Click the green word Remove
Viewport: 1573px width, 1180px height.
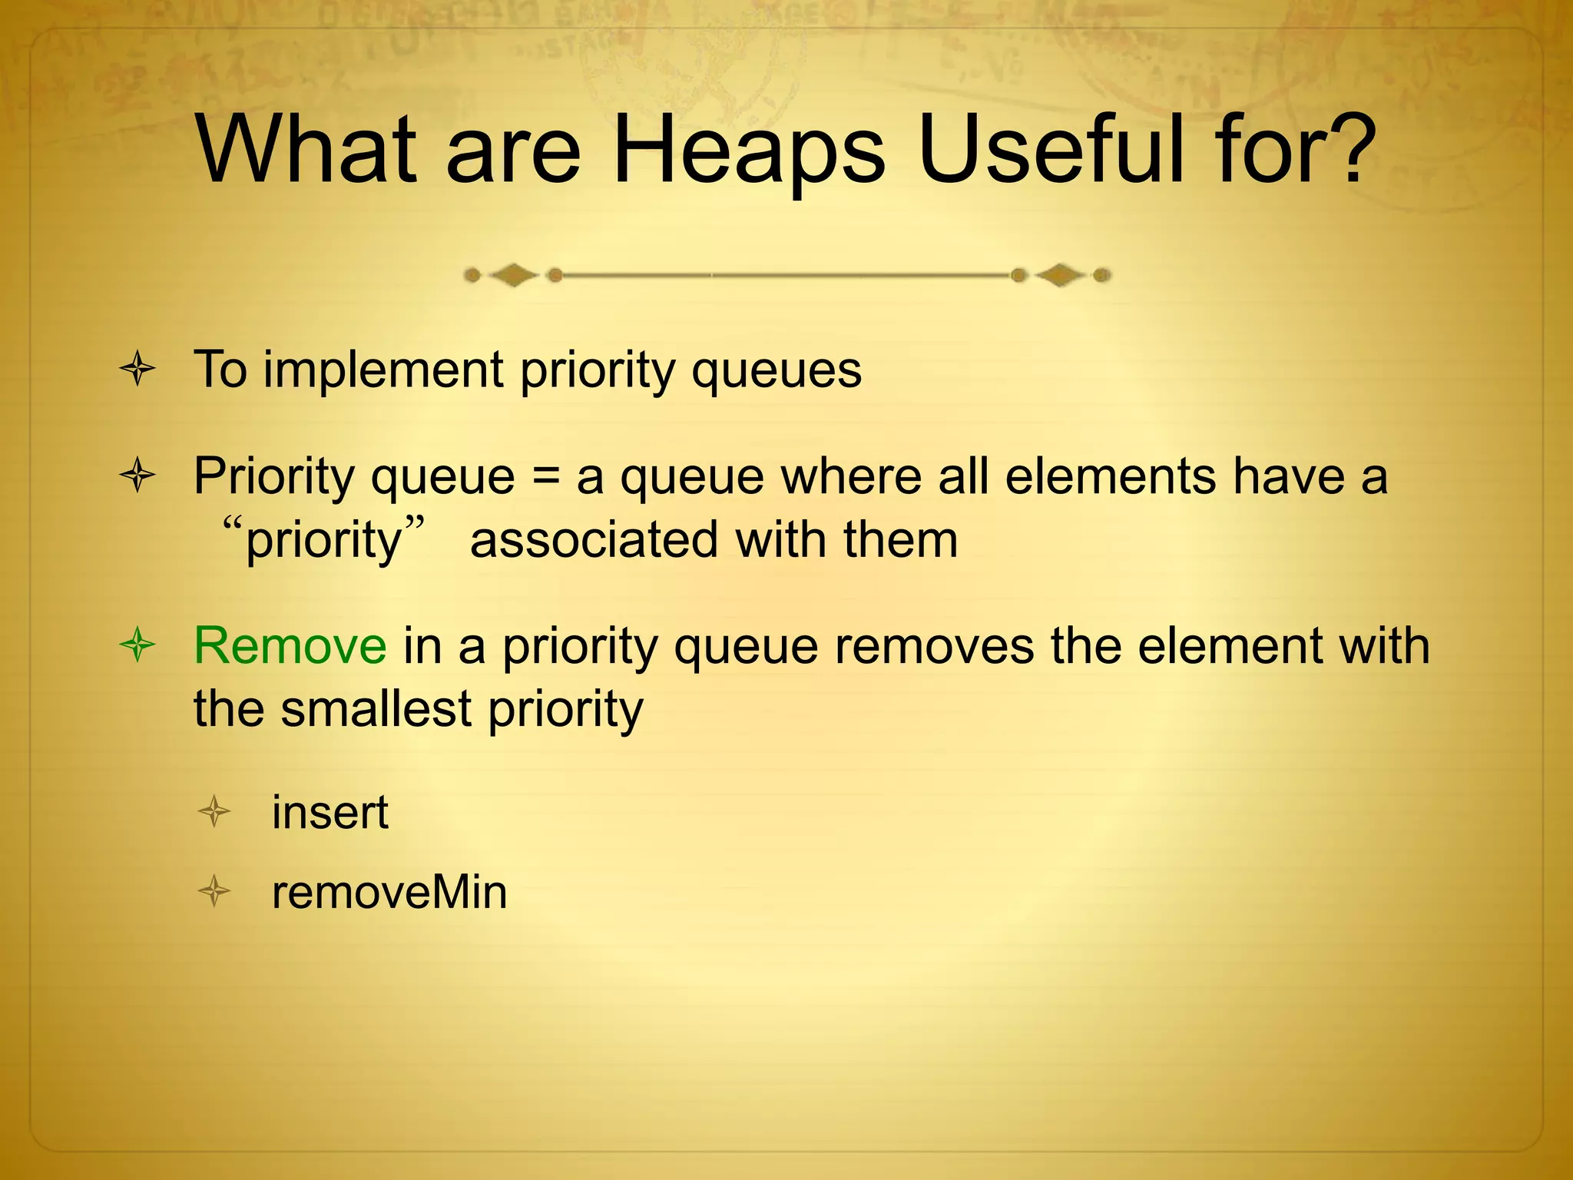click(x=290, y=645)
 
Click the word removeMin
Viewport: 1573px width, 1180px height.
click(x=389, y=893)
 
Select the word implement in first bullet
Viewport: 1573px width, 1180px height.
click(x=383, y=370)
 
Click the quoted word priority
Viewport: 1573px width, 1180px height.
click(x=323, y=541)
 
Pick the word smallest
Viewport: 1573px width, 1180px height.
click(x=376, y=708)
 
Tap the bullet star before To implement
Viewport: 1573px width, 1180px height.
click(x=138, y=370)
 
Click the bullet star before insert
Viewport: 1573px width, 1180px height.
click(x=214, y=812)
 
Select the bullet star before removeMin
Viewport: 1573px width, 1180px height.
click(x=214, y=892)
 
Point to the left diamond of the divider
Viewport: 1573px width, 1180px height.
click(x=512, y=275)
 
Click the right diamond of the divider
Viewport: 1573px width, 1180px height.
click(x=1061, y=275)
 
